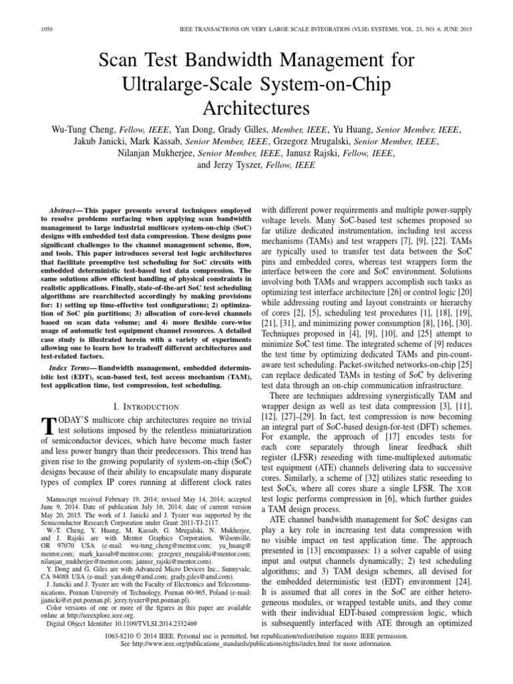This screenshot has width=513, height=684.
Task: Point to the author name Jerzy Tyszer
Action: pos(226,165)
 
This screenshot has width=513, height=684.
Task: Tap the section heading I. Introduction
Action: pos(145,406)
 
